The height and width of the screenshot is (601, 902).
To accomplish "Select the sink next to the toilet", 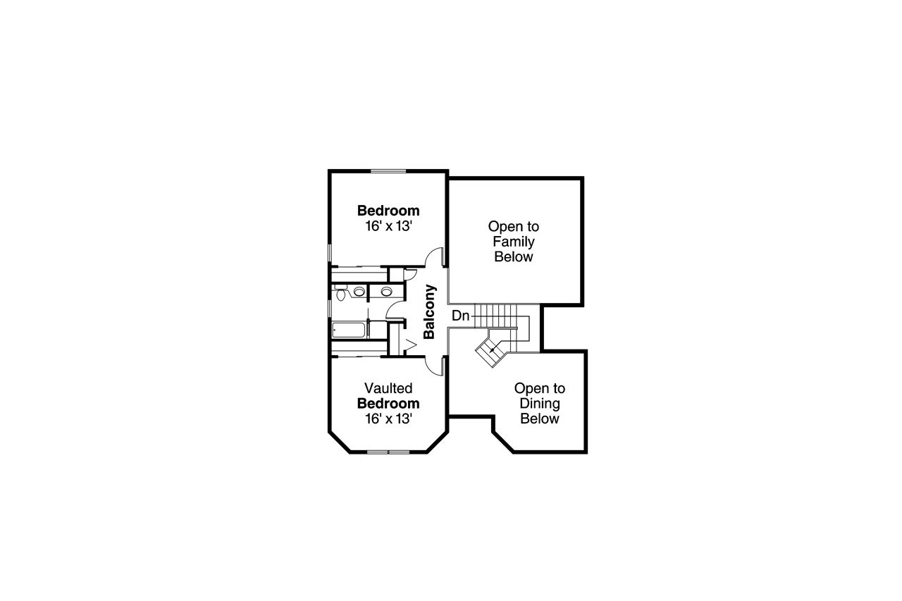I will click(359, 291).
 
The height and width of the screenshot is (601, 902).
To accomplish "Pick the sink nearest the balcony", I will click(386, 291).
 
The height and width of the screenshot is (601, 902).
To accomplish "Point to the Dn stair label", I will click(460, 316).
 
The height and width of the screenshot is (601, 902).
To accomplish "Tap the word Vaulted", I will click(388, 388).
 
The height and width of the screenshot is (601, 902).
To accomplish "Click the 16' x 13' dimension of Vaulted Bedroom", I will click(388, 419).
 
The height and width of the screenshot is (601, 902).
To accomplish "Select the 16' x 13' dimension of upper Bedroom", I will click(388, 226).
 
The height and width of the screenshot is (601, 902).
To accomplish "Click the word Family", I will click(513, 242).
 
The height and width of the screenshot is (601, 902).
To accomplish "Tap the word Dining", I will click(539, 404).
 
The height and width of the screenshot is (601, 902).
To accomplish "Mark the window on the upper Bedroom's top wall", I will click(388, 171).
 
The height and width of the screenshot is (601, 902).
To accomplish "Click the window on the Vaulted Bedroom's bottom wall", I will click(388, 451).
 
